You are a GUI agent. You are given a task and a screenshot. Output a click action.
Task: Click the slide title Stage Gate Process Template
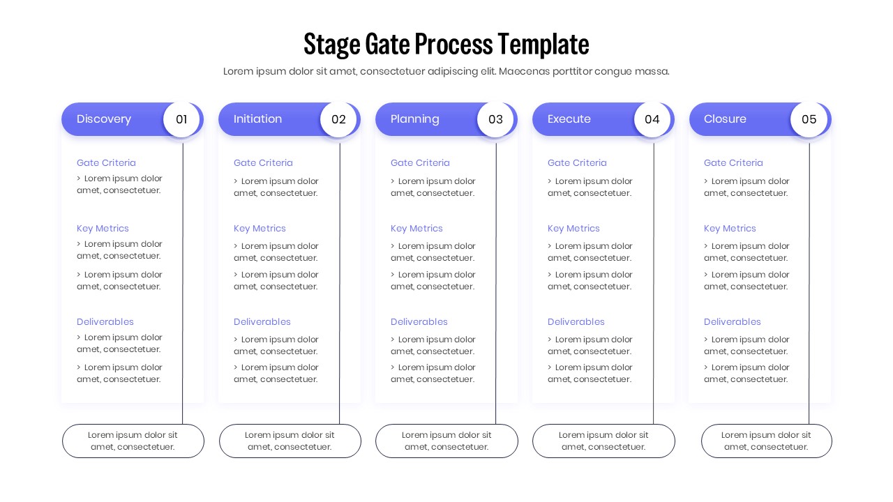point(446,44)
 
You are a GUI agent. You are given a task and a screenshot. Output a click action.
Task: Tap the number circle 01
point(181,119)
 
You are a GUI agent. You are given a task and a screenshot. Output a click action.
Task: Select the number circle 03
point(495,119)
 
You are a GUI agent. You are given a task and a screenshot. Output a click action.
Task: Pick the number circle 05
point(809,119)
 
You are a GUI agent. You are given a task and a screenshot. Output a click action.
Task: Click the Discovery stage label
point(104,119)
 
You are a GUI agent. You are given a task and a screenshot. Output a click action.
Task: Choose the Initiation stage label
point(258,119)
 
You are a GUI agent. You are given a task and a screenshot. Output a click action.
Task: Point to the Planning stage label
point(415,119)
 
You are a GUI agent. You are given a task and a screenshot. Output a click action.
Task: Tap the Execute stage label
point(569,119)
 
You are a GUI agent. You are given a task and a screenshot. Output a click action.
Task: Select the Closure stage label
point(725,119)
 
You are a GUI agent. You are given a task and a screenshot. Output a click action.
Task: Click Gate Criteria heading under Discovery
point(106,162)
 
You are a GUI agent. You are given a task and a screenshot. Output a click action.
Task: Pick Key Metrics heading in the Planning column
point(417,228)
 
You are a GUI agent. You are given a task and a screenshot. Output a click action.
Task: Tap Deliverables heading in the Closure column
point(732,321)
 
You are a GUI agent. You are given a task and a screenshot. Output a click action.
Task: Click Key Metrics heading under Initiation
point(260,228)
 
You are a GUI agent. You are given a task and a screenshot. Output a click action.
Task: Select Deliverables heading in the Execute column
point(576,321)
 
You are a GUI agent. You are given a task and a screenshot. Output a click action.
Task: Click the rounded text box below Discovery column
point(133,441)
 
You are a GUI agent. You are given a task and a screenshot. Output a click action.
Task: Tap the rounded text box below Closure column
point(766,441)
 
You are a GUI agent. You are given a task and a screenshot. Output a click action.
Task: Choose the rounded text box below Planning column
point(446,441)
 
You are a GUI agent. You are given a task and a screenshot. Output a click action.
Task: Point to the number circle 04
point(652,119)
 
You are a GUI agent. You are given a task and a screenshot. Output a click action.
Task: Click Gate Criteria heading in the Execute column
point(577,162)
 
